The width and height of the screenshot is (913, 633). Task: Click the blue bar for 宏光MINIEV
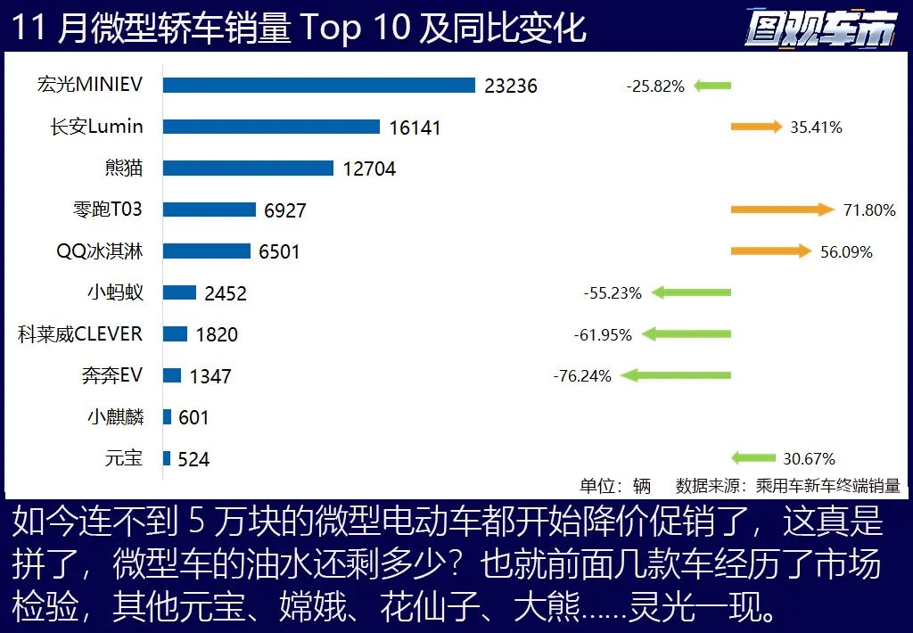pyautogui.click(x=319, y=86)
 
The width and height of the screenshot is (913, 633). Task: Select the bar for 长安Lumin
pyautogui.click(x=271, y=127)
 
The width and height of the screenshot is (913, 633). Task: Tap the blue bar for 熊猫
pyautogui.click(x=248, y=169)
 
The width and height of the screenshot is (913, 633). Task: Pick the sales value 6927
pyautogui.click(x=285, y=210)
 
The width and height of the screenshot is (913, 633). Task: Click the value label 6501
pyautogui.click(x=280, y=252)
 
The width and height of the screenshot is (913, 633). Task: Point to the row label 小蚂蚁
pyautogui.click(x=115, y=292)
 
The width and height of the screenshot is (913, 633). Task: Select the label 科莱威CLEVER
pyautogui.click(x=80, y=334)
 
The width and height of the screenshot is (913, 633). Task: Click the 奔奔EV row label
pyautogui.click(x=111, y=375)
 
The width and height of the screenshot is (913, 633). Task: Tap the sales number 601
pyautogui.click(x=193, y=417)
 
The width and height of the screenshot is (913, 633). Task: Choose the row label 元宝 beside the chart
pyautogui.click(x=123, y=458)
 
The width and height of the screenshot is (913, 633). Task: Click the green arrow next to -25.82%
pyautogui.click(x=712, y=86)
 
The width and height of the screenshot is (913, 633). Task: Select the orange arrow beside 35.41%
pyautogui.click(x=756, y=127)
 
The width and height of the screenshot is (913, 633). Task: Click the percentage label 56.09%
pyautogui.click(x=846, y=252)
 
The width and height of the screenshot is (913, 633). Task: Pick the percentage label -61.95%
pyautogui.click(x=603, y=335)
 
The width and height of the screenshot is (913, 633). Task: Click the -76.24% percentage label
pyautogui.click(x=582, y=376)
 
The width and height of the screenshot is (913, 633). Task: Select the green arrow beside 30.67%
pyautogui.click(x=753, y=458)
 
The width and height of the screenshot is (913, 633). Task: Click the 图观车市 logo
pyautogui.click(x=819, y=29)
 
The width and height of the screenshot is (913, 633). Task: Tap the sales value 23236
pyautogui.click(x=511, y=86)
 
